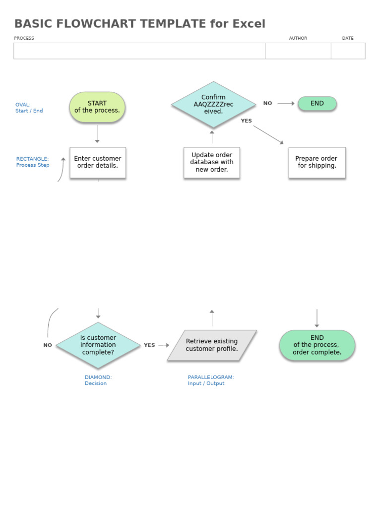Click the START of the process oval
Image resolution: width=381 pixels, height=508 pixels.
97,107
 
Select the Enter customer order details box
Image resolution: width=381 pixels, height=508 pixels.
98,162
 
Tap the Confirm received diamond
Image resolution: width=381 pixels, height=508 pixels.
213,104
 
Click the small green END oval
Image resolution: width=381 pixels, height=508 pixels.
317,104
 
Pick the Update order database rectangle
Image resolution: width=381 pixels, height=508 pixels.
212,162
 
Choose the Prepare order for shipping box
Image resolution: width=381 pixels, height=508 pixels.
317,162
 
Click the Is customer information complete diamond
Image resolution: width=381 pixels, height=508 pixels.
98,345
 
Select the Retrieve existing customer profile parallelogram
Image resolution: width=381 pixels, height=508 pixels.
212,345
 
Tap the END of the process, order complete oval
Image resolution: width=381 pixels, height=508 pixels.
317,345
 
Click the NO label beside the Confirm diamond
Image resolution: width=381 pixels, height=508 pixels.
268,104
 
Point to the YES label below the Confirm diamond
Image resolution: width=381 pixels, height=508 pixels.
247,121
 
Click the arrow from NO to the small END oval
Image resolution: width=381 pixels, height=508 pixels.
286,104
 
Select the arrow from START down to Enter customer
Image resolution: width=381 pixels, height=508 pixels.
97,134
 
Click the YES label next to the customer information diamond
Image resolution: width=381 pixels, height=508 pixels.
149,345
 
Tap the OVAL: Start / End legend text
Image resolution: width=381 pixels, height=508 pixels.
29,108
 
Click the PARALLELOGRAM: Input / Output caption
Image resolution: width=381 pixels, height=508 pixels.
211,380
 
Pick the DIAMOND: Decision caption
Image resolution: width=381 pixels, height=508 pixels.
98,380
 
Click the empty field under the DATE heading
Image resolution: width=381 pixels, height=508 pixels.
348,51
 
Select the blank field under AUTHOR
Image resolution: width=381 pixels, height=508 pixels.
298,51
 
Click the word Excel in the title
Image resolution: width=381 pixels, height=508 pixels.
249,24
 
